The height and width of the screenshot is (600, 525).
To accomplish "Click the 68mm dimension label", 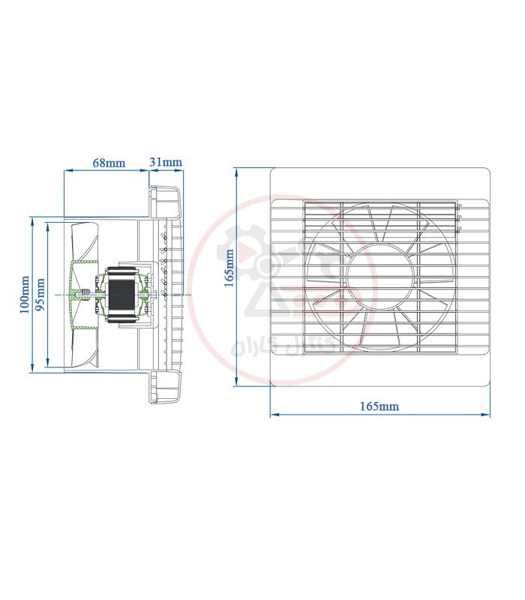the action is coord(109,163).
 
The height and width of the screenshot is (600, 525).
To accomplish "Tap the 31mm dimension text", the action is coord(166,162).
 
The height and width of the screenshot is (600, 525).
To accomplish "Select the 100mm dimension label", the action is coord(25,295).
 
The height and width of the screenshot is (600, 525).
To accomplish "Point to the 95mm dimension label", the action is coord(40,295).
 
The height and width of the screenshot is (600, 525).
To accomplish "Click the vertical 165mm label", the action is coord(229,268).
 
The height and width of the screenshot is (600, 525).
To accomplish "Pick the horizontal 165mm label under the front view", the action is coord(379,406).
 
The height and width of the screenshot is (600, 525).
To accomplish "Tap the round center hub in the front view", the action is coord(379,276).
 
